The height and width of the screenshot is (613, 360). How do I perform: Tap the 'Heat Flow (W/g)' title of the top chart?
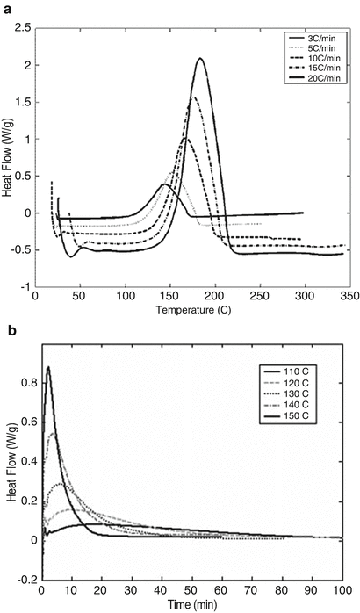[x=7, y=157]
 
